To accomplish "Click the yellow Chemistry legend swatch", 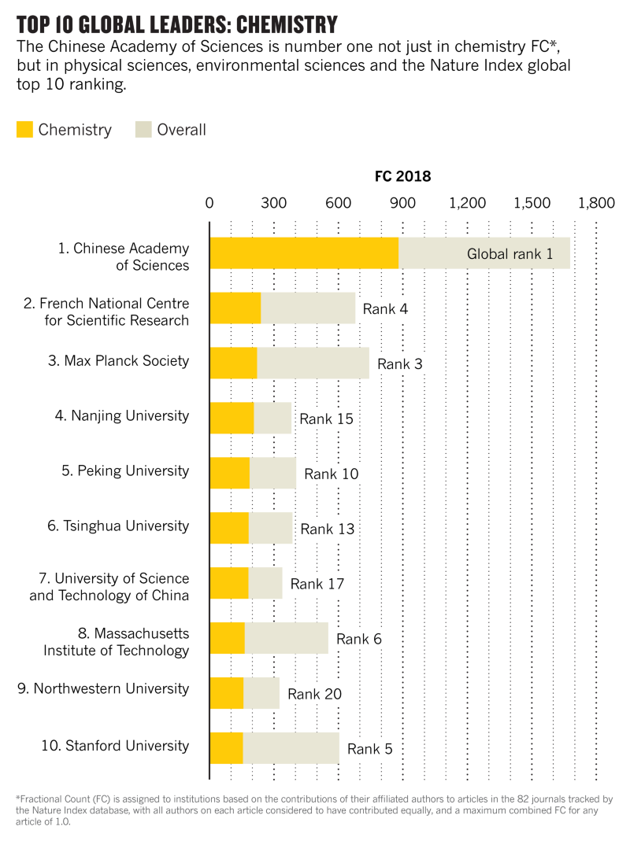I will [x=24, y=130].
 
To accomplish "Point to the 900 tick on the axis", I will [x=402, y=203].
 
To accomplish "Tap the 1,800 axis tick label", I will [x=595, y=203].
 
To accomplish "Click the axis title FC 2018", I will [x=402, y=176].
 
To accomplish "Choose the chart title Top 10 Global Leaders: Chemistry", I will [x=177, y=25].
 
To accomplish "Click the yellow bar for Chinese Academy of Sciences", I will [x=304, y=253].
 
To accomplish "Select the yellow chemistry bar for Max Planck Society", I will [x=234, y=363].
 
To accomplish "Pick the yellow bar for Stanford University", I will [x=227, y=747].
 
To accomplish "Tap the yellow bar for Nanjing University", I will [x=232, y=418].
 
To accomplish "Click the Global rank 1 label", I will [x=510, y=254].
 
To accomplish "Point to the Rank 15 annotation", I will [x=326, y=419].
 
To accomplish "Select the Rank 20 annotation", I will [x=314, y=694].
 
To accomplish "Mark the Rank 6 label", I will [x=359, y=639].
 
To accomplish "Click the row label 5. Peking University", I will [x=125, y=471].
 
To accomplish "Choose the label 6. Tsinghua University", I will [x=119, y=526].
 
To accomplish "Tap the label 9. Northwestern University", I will [x=103, y=689].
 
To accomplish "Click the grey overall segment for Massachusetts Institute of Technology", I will [x=286, y=637].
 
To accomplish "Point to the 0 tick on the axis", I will [x=209, y=203].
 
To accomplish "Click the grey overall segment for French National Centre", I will [x=308, y=308].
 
